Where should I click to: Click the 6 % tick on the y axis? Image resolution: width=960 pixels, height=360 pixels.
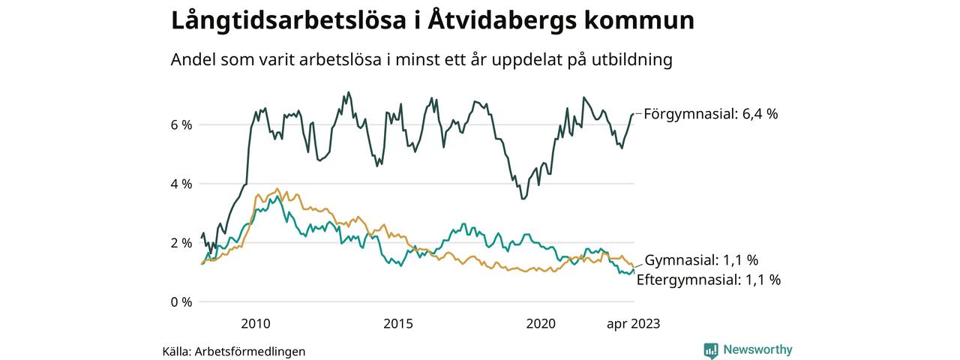click(x=181, y=124)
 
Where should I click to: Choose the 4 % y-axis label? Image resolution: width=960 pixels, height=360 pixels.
click(x=181, y=184)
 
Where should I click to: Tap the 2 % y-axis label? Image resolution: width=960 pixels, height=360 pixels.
click(x=181, y=243)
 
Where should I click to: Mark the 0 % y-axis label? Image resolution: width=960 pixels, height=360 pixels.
click(x=181, y=302)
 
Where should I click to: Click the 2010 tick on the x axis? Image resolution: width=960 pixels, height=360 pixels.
click(x=255, y=324)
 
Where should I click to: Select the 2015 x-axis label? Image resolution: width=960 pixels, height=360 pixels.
click(x=398, y=324)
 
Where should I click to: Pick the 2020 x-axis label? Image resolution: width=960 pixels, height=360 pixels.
click(x=541, y=324)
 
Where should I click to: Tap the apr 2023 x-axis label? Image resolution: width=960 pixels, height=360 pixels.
click(x=634, y=324)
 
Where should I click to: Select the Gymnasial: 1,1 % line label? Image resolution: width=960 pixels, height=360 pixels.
click(x=701, y=261)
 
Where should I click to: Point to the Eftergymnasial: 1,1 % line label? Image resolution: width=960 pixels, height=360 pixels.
click(x=709, y=280)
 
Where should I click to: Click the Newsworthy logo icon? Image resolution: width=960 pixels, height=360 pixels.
click(x=711, y=350)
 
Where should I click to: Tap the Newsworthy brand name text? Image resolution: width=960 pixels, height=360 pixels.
click(x=757, y=350)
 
